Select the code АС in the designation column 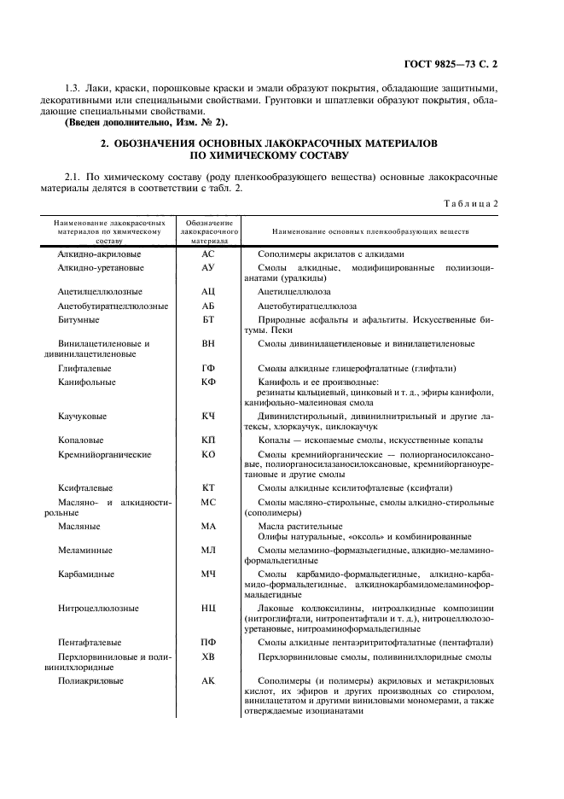tap(209, 254)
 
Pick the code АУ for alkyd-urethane tap(209, 268)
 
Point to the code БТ tap(209, 319)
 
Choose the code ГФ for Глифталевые tap(209, 369)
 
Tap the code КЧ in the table tap(209, 417)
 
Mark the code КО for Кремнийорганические tap(209, 453)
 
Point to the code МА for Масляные tap(209, 526)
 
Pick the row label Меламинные tap(86, 550)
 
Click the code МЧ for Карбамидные tap(209, 574)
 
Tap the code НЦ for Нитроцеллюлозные tap(209, 608)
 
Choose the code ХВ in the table tap(209, 656)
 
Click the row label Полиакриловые tap(91, 680)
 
